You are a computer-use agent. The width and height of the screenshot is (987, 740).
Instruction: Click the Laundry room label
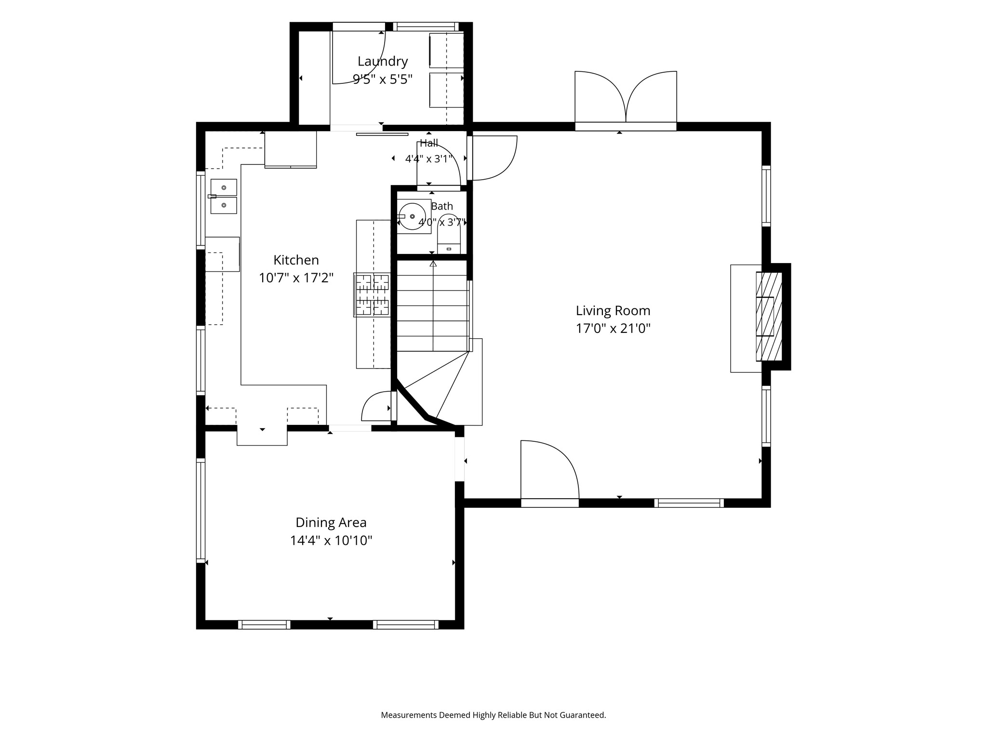pyautogui.click(x=383, y=62)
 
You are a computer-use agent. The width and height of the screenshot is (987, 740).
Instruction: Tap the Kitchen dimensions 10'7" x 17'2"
pyautogui.click(x=296, y=278)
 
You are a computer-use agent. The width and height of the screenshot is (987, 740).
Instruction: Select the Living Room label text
pyautogui.click(x=613, y=311)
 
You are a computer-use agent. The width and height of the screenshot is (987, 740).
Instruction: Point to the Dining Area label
pyautogui.click(x=331, y=522)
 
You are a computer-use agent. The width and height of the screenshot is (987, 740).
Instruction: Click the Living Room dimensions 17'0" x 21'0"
pyautogui.click(x=613, y=329)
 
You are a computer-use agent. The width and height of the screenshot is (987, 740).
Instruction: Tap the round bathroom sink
pyautogui.click(x=412, y=216)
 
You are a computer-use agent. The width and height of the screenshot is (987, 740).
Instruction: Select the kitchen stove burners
pyautogui.click(x=372, y=294)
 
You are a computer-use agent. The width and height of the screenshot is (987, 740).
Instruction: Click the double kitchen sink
pyautogui.click(x=224, y=197)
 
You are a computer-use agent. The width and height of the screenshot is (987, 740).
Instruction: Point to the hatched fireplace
pyautogui.click(x=769, y=317)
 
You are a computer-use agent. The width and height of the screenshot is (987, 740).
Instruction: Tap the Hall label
pyautogui.click(x=429, y=143)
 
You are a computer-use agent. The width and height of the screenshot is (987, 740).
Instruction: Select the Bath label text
pyautogui.click(x=442, y=206)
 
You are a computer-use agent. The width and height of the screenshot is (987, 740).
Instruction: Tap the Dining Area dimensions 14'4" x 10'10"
pyautogui.click(x=331, y=541)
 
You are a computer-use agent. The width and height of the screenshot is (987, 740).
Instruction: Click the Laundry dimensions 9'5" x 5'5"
pyautogui.click(x=383, y=79)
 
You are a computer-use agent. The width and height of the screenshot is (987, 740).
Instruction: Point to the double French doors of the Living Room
pyautogui.click(x=626, y=99)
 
